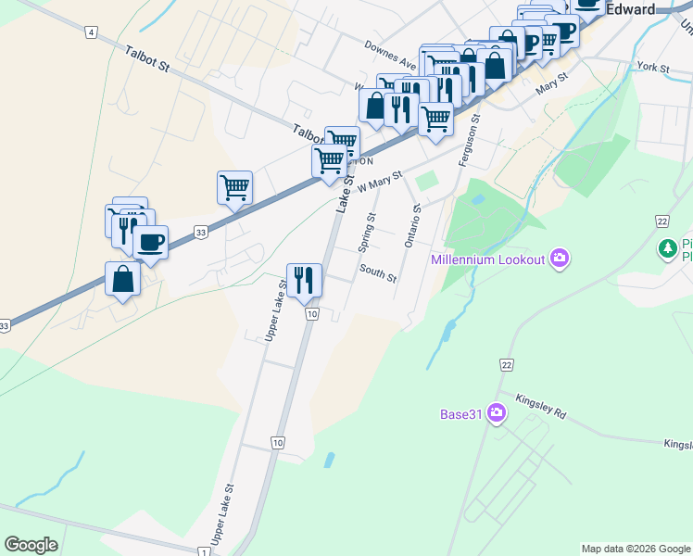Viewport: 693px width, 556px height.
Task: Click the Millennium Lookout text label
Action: [x=487, y=259]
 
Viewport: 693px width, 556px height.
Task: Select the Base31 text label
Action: [x=461, y=413]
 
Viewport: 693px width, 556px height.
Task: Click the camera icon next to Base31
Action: [x=498, y=412]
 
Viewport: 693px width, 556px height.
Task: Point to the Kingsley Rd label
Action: [x=541, y=404]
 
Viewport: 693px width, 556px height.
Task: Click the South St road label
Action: [x=378, y=276]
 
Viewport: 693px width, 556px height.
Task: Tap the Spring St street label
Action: [x=367, y=233]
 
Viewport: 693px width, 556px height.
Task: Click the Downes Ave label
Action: [x=389, y=49]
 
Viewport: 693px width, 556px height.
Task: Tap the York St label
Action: [x=653, y=68]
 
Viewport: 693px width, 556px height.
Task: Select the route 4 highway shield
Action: [x=90, y=32]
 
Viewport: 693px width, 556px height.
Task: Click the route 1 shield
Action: [x=203, y=551]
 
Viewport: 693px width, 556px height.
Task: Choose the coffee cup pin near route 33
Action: [x=150, y=243]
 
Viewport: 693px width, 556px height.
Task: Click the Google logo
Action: [x=31, y=545]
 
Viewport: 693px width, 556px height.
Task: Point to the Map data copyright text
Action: [x=636, y=549]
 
